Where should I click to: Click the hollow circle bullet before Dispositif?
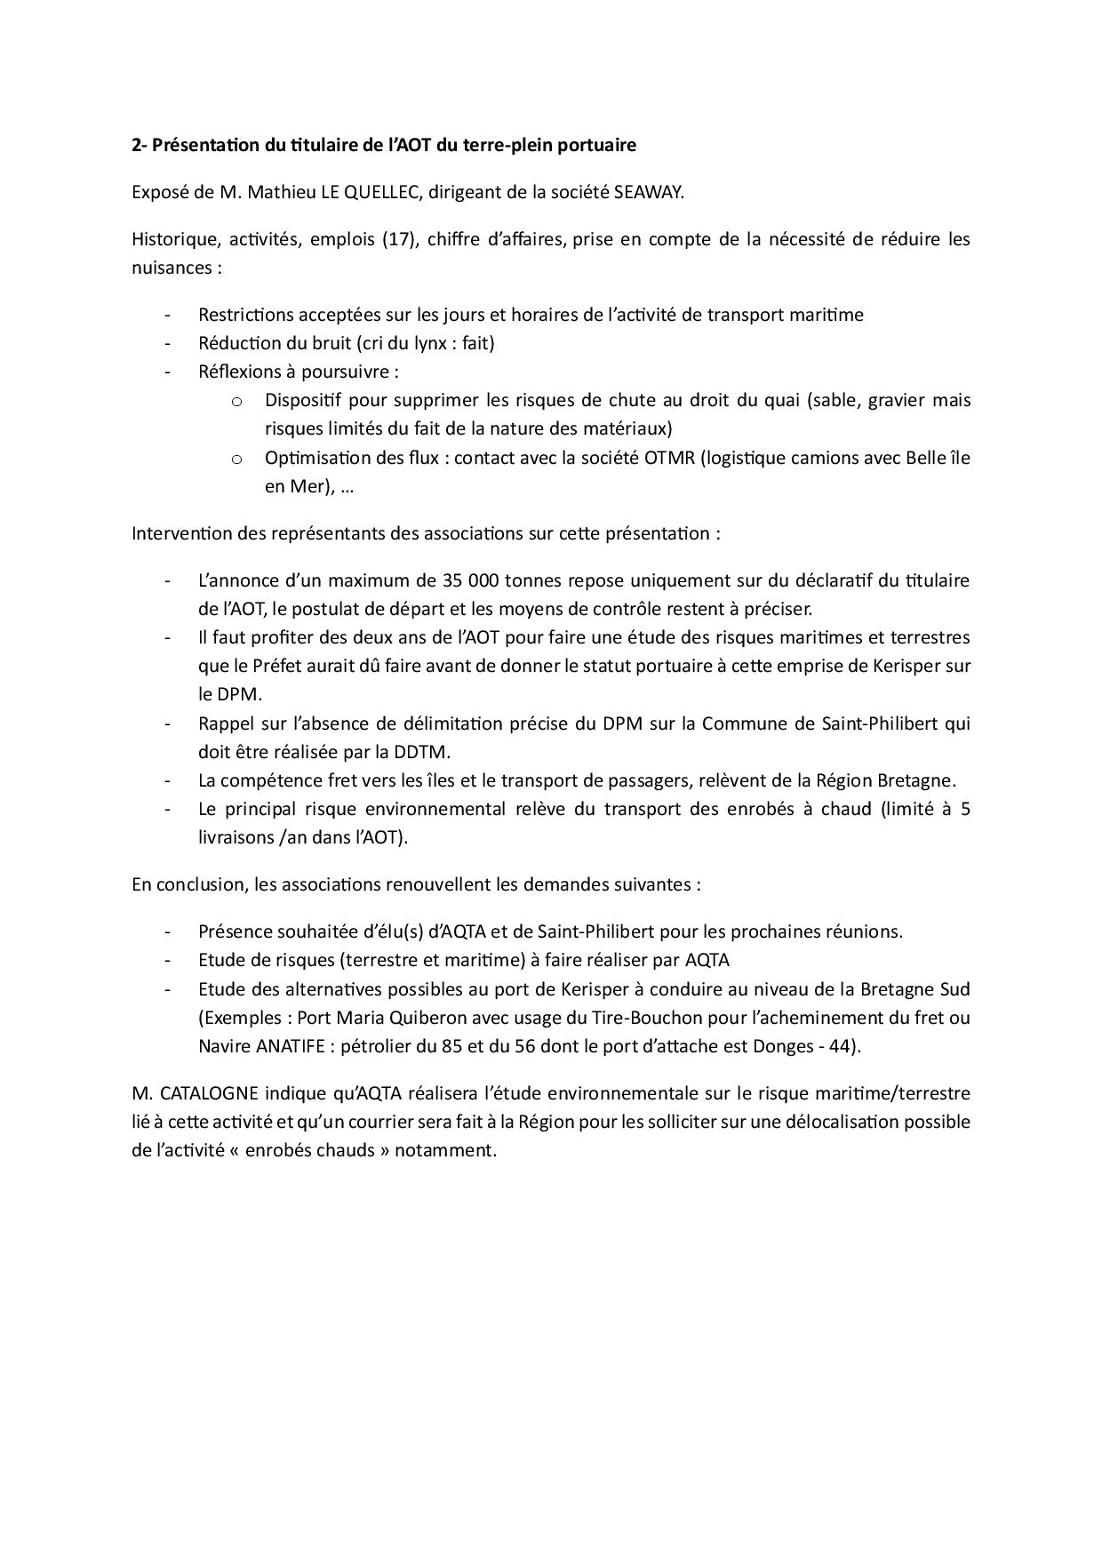236,401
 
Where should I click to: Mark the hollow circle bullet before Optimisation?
236,459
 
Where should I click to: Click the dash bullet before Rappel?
167,724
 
